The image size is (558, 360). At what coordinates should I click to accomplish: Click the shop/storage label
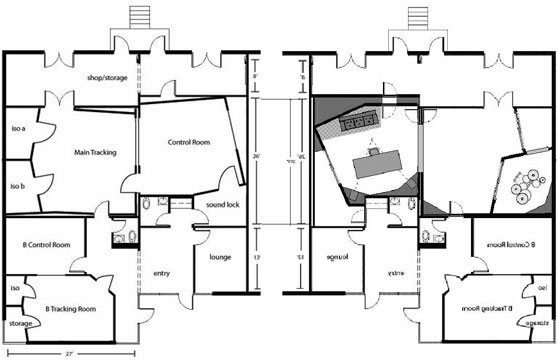(x=107, y=77)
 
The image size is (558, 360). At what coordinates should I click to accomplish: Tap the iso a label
(x=16, y=128)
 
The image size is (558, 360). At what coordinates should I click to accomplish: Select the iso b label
(x=16, y=186)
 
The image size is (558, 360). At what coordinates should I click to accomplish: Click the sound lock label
(x=221, y=205)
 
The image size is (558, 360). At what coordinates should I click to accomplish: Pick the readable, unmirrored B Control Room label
(x=46, y=244)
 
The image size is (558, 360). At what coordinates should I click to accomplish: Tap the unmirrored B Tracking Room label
(x=71, y=310)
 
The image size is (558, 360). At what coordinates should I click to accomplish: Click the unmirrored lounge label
(x=220, y=257)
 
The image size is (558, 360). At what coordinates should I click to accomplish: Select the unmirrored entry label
(x=162, y=273)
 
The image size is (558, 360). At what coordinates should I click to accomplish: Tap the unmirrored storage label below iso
(x=20, y=324)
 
